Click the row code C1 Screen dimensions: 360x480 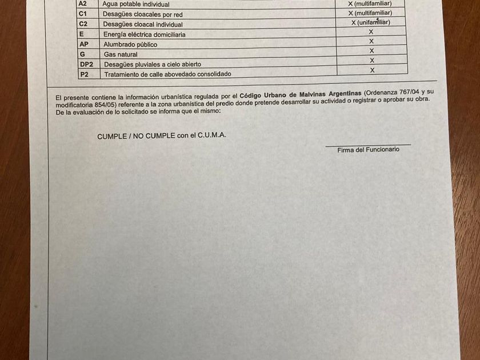pyautogui.click(x=83, y=14)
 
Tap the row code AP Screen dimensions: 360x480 pyautogui.click(x=84, y=44)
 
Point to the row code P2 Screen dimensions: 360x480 pyautogui.click(x=84, y=74)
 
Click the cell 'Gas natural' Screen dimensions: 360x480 pyautogui.click(x=120, y=54)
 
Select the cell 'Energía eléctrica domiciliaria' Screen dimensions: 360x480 pyautogui.click(x=144, y=34)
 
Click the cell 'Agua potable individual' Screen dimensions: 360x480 pyautogui.click(x=135, y=4)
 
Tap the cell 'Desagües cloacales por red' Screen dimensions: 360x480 pyautogui.click(x=142, y=14)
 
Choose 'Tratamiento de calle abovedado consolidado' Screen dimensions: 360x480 pyautogui.click(x=167, y=74)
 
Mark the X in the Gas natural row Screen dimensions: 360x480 pyautogui.click(x=371, y=51)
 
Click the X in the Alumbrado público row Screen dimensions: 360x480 pyautogui.click(x=371, y=41)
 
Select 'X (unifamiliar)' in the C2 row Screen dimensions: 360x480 pyautogui.click(x=370, y=22)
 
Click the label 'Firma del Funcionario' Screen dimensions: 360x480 pyautogui.click(x=368, y=150)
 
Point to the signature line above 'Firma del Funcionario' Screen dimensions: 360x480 pyautogui.click(x=368, y=145)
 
